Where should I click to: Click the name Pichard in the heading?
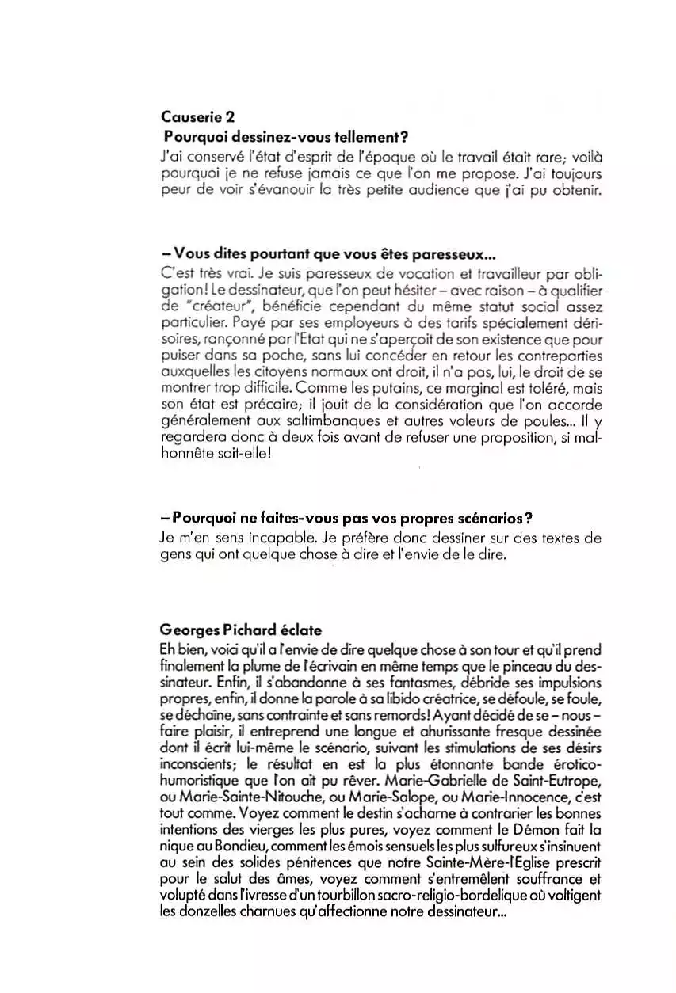pos(235,631)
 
